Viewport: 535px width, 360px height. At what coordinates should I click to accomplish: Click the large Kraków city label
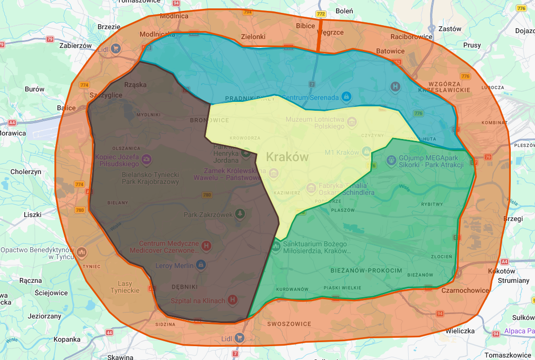pos(287,157)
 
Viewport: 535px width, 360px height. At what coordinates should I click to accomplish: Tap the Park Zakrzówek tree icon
pos(240,214)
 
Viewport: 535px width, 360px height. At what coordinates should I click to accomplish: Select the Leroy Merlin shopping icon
pos(200,266)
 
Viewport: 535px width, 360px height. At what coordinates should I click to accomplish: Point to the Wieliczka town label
pos(460,331)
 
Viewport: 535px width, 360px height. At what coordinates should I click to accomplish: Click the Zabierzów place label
pos(76,45)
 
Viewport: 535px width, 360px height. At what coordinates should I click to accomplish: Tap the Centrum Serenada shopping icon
pos(346,96)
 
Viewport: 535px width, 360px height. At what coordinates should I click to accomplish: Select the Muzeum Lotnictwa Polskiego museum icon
pos(352,122)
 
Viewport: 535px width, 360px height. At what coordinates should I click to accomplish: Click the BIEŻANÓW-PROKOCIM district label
pos(366,270)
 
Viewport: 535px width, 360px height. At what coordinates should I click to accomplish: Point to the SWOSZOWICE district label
pos(289,324)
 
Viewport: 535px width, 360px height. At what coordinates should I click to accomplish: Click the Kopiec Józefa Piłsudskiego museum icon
pos(146,159)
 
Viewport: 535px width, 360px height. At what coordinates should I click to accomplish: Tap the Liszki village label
pos(33,215)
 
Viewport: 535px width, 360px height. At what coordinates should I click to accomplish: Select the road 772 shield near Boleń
pos(321,14)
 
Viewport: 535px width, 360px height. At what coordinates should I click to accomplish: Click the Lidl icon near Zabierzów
pos(115,48)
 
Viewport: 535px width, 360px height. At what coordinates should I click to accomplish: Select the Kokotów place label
pos(501,271)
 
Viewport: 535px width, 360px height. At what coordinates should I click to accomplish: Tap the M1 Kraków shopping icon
pos(367,151)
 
